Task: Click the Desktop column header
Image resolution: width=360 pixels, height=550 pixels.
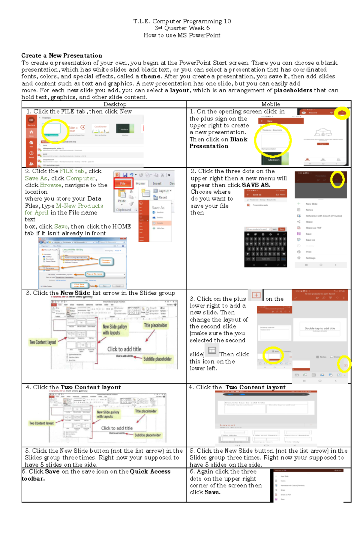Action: pos(115,104)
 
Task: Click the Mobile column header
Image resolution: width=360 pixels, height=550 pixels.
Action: pos(271,104)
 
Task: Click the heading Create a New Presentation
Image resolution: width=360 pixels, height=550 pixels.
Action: pos(61,56)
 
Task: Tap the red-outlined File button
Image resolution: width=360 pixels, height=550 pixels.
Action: pos(123,183)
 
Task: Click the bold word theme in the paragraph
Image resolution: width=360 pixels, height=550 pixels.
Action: pos(151,76)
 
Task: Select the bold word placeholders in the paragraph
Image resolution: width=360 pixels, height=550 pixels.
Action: pos(293,90)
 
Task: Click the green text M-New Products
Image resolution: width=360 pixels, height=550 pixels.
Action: pos(79,206)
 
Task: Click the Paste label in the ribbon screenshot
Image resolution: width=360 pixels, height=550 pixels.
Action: pos(122,201)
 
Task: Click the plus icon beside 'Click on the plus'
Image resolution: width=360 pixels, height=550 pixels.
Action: pos(256,295)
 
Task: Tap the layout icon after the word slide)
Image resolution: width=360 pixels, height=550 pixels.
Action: pos(212,350)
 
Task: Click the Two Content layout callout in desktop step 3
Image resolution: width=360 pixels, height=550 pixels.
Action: pos(43,342)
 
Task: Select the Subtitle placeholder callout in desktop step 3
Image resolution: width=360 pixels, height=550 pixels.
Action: pos(157,359)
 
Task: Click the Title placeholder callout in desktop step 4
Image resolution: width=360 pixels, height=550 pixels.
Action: pos(145,411)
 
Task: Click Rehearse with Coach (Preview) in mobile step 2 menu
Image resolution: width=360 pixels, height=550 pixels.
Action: pos(323,216)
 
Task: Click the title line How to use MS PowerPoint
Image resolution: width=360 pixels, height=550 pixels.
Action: pos(182,35)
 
